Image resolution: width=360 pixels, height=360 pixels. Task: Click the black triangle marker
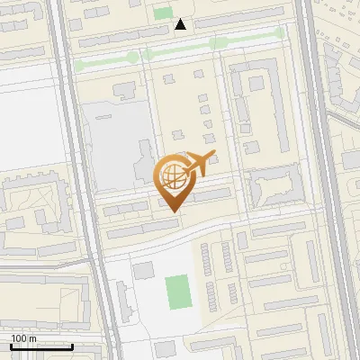pos(182,24)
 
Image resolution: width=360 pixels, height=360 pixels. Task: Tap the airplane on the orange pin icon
pos(198,163)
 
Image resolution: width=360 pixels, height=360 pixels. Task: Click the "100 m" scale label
pos(22,338)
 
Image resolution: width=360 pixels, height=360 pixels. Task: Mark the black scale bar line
pos(41,346)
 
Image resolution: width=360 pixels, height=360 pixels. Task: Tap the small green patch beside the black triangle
pos(162,13)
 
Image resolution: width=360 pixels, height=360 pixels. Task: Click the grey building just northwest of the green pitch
pos(144,270)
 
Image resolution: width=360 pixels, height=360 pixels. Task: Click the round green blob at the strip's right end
pos(280,33)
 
